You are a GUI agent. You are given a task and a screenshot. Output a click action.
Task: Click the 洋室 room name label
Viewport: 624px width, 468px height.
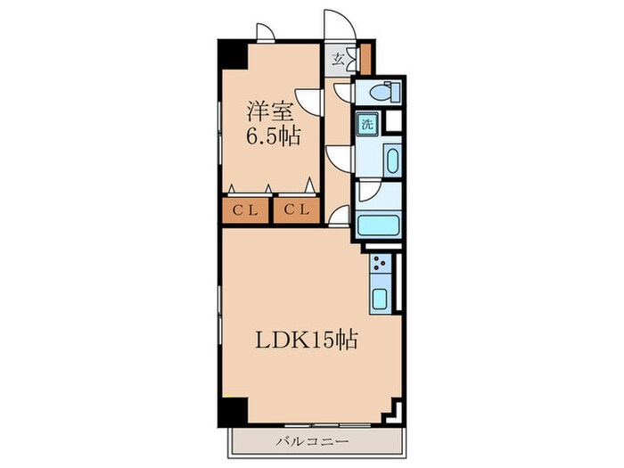coord(271,113)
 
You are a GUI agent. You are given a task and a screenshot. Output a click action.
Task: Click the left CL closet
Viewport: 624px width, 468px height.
coord(245,210)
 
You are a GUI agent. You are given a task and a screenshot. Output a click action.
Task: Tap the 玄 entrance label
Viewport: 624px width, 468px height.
coord(339,61)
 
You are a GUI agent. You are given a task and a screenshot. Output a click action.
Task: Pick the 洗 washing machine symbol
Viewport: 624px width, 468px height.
coord(367,124)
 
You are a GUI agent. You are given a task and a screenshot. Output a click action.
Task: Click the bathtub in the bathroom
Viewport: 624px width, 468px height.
coord(380,225)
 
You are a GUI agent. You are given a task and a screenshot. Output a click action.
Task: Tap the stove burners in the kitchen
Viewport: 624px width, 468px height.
coord(380,265)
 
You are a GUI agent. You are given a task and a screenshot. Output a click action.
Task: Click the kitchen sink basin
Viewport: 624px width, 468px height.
coord(379,300)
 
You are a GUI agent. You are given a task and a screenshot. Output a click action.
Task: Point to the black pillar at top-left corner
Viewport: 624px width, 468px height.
coord(233,53)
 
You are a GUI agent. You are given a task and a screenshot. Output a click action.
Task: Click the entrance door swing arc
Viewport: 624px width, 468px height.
coord(339,24)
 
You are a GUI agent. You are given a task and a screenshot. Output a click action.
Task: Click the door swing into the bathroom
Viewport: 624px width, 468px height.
coord(368,192)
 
